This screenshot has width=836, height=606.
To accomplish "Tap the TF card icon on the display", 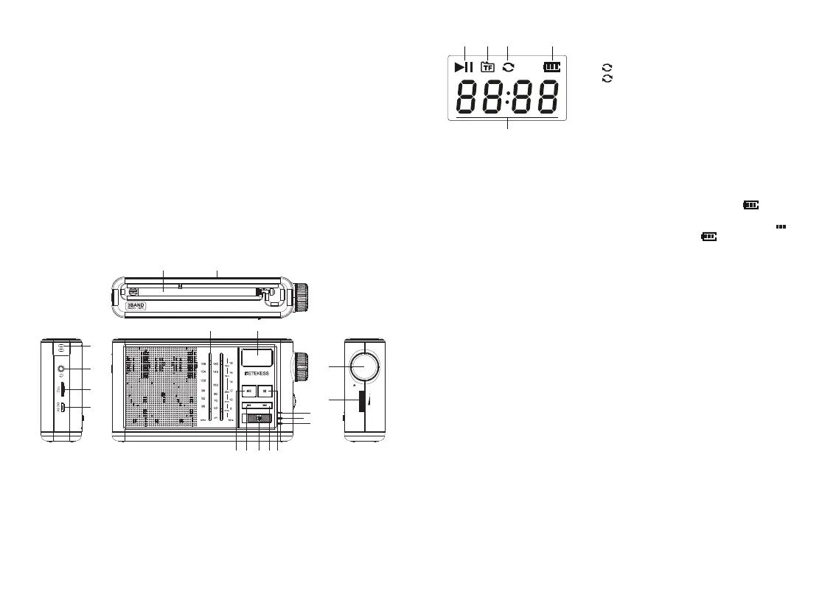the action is [x=487, y=67].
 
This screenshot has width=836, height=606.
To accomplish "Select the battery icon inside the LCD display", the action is [x=551, y=67].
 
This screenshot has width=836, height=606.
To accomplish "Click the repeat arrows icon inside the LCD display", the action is [x=509, y=67].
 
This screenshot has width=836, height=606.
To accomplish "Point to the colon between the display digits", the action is [x=508, y=97].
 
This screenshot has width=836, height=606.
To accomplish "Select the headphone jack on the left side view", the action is [x=63, y=369].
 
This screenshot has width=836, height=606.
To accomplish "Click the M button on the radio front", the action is [x=267, y=391].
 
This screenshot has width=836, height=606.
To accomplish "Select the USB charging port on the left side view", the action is [x=63, y=408].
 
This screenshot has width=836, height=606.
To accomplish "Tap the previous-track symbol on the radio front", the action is [x=251, y=405].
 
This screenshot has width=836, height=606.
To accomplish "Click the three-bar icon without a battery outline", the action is [x=780, y=226].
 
